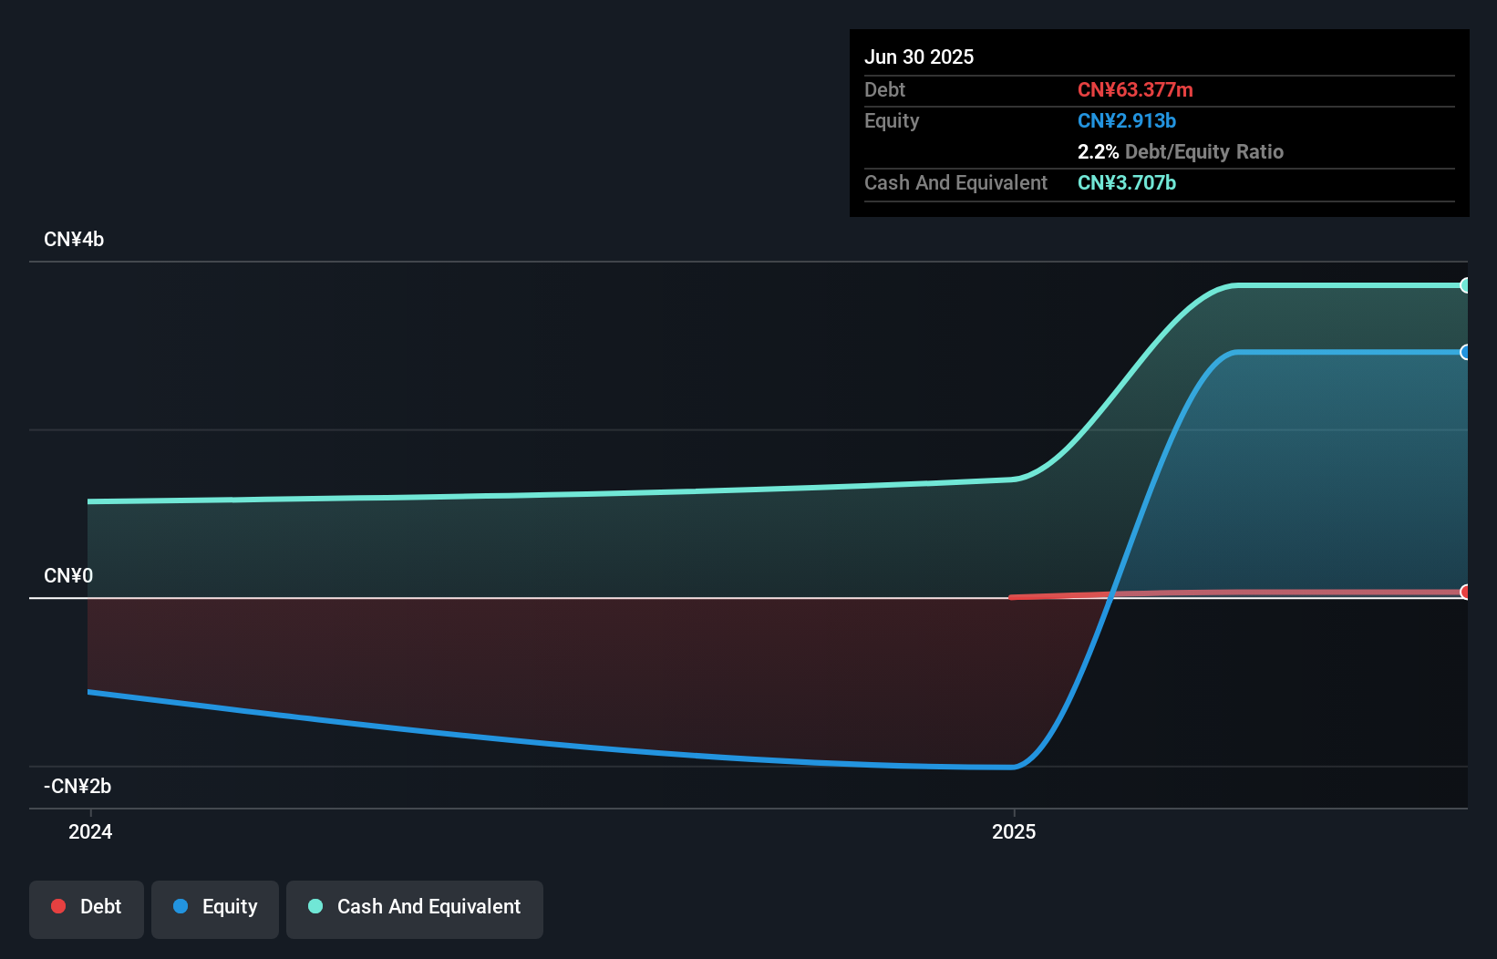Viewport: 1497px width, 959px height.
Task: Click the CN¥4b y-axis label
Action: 74,240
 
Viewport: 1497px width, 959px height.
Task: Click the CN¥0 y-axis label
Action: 68,576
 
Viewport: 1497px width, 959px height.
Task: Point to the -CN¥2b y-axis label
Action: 77,787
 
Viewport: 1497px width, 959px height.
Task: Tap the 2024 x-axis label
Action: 90,831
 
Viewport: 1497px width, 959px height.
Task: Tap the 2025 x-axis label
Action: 1014,831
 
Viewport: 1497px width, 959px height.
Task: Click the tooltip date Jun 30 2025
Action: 919,57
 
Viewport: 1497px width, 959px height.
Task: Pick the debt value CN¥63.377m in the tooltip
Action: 1135,90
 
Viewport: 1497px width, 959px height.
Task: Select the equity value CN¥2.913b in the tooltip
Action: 1127,121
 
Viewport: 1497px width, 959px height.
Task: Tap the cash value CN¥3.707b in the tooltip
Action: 1127,183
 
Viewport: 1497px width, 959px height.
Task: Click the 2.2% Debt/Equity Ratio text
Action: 1180,152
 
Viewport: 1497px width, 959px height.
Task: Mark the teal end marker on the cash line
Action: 1465,285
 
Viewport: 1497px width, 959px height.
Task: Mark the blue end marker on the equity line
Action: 1465,352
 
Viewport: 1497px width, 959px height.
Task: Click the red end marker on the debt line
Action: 1465,592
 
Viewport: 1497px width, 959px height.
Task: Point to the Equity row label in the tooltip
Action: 892,121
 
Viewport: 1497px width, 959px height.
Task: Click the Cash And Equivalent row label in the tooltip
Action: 955,183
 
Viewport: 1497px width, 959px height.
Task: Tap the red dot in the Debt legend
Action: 58,906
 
